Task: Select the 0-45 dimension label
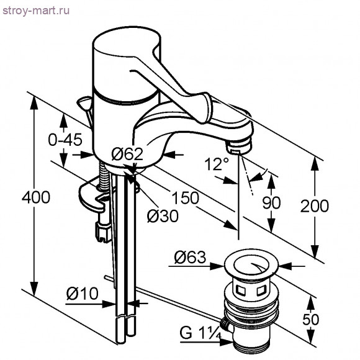pos(65,140)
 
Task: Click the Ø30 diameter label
pos(162,215)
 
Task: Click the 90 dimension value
pos(272,202)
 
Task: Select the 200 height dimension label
pos(315,205)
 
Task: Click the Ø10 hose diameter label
pos(82,293)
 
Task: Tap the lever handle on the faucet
pos(186,87)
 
